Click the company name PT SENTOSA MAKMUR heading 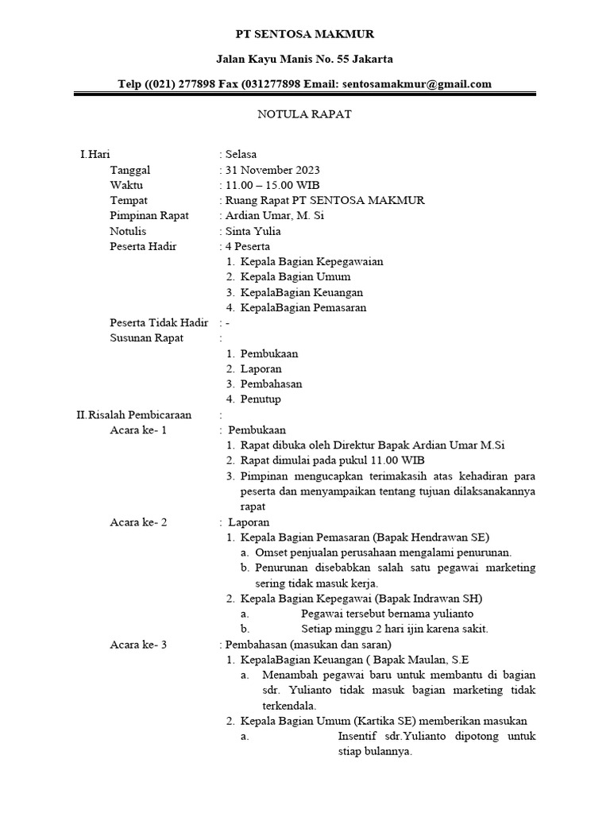pos(305,34)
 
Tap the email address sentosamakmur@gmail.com pos(415,83)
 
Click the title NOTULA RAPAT pos(304,114)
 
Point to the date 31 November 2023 pos(272,170)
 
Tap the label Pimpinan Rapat pos(143,216)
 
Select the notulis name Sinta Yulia pos(253,231)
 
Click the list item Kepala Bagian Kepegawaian pos(301,261)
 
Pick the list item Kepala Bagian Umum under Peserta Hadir pos(295,277)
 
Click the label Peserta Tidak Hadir pos(159,322)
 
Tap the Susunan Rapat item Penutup pos(261,399)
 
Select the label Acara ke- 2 pos(138,522)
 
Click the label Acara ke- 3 pos(138,644)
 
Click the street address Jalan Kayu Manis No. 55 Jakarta pos(305,59)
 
